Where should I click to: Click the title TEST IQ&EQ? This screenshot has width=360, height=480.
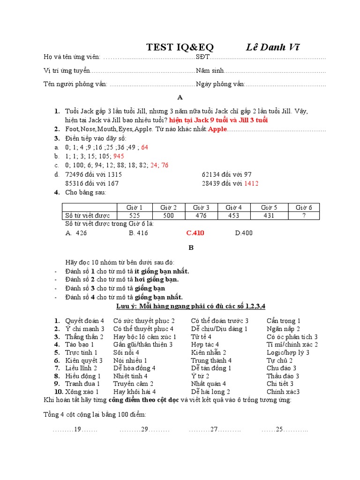click(180, 47)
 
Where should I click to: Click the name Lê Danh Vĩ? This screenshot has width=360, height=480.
click(273, 47)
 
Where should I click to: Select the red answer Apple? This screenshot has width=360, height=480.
click(217, 129)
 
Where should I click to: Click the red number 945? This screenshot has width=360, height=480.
click(119, 156)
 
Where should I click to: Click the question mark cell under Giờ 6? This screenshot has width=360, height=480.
click(303, 216)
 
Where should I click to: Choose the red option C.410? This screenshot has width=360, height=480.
click(195, 233)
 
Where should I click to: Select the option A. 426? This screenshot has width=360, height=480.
click(76, 233)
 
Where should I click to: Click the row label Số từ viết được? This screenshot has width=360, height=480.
click(87, 216)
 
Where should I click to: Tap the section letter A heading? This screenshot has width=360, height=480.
click(180, 97)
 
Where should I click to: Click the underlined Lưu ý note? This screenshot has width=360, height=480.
click(191, 306)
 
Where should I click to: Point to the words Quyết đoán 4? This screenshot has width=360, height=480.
click(84, 321)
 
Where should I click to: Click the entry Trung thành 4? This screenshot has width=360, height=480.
click(211, 360)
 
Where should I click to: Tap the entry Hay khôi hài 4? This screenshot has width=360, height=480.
click(135, 391)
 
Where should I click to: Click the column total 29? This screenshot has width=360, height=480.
click(144, 429)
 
